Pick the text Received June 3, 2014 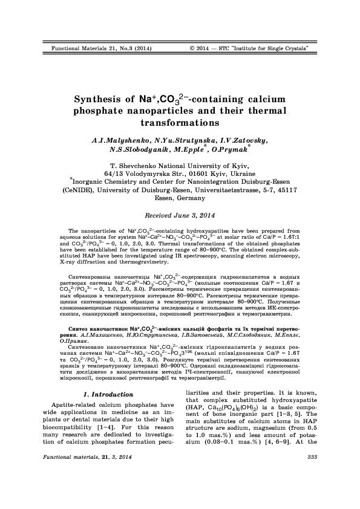tap(180, 215)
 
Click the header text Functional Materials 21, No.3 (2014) tap(97, 47)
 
